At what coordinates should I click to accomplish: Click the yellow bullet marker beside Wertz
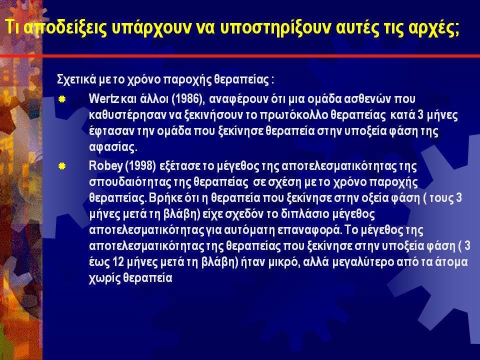[62, 99]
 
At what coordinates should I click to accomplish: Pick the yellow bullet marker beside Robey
[62, 166]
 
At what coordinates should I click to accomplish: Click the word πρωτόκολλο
[293, 115]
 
